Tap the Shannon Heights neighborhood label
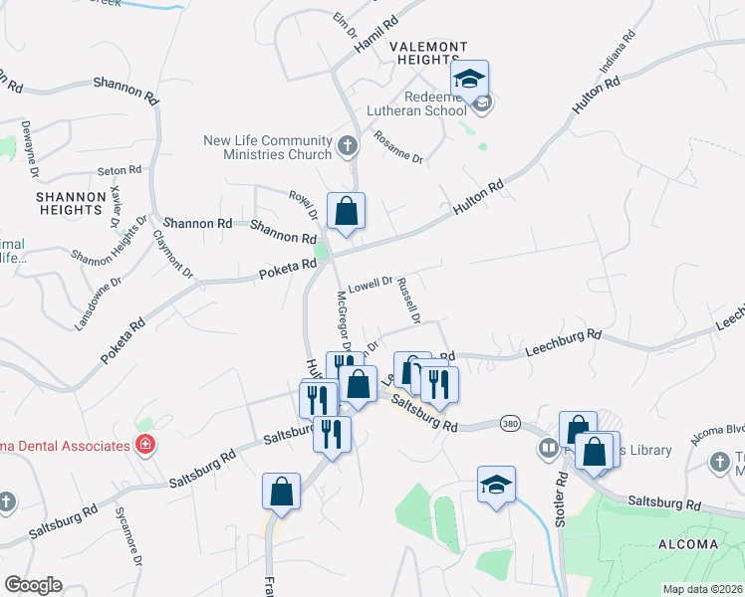(x=70, y=203)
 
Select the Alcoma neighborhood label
(x=688, y=544)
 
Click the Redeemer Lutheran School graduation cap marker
(x=470, y=79)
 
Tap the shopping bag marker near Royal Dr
(x=346, y=212)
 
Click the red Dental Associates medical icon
(x=145, y=444)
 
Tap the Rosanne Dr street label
(x=398, y=149)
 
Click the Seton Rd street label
(x=117, y=172)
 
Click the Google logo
(x=33, y=585)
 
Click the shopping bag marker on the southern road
(x=281, y=492)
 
